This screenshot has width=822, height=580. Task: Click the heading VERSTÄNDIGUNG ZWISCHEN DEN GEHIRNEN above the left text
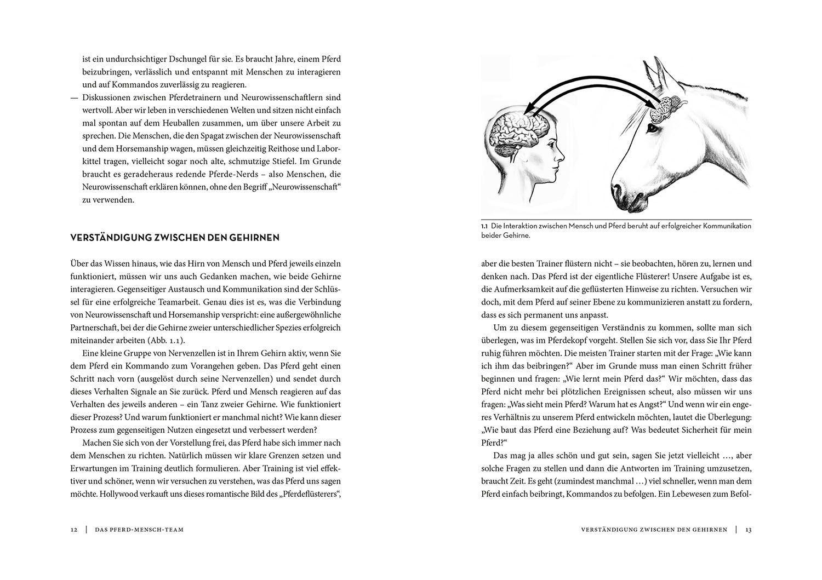coord(175,238)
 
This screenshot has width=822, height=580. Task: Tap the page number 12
coord(74,530)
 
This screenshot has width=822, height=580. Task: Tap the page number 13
coord(748,530)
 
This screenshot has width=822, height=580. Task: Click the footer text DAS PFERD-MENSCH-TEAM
coord(139,530)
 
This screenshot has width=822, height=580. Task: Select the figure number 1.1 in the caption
coord(484,226)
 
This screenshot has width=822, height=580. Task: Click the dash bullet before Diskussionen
coord(74,97)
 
